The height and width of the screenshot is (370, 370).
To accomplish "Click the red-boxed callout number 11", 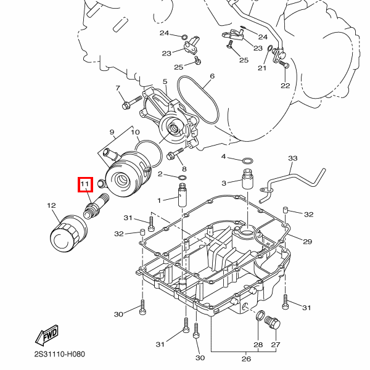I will [84, 184].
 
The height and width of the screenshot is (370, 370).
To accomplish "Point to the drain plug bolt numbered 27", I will [269, 321].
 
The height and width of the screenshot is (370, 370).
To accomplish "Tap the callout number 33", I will [292, 158].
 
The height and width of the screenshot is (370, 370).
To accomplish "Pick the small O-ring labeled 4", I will [247, 162].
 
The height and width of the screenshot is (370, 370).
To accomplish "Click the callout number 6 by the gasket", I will [212, 77].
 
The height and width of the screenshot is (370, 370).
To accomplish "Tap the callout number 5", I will [165, 81].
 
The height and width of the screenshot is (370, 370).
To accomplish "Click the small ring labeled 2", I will [183, 178].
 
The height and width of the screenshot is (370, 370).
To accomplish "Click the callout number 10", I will [135, 133].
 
